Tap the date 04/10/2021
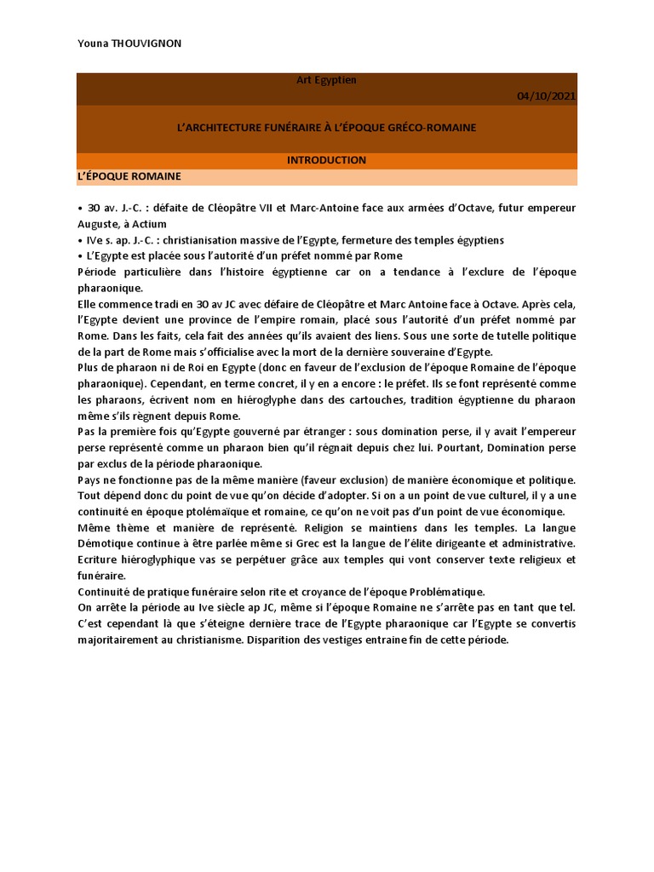547,95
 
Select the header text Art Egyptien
326,80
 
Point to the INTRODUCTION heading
326,160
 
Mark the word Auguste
96,224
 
